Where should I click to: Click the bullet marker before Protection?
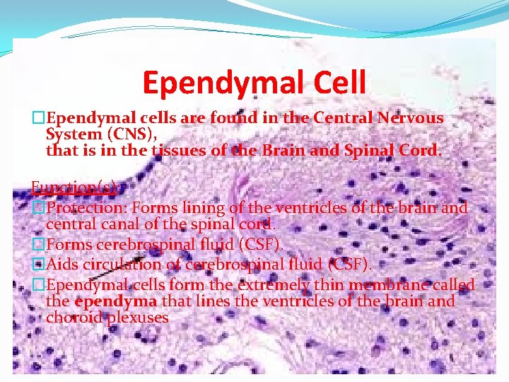[x=39, y=208]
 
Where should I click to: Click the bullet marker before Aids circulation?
[x=39, y=264]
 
